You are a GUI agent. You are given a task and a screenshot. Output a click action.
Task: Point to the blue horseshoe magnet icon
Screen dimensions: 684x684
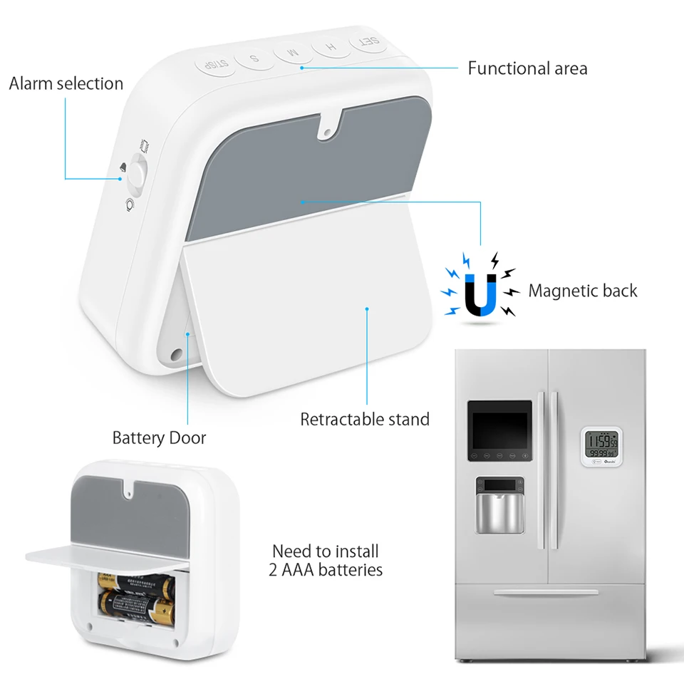480,292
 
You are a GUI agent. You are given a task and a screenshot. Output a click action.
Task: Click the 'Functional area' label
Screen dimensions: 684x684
527,68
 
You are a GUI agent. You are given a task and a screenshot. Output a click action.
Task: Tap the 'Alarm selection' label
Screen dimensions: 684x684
66,83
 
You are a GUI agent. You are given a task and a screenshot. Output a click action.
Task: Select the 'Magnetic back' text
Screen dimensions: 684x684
583,291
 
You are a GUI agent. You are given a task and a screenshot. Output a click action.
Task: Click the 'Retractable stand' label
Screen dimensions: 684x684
365,419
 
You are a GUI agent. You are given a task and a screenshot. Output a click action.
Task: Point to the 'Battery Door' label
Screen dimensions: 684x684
159,437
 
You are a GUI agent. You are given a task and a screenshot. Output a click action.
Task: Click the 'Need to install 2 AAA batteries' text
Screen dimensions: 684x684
327,560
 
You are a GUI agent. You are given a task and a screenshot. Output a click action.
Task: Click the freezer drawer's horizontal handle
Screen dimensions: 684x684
546,592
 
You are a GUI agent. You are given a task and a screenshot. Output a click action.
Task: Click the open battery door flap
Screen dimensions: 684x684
107,558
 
